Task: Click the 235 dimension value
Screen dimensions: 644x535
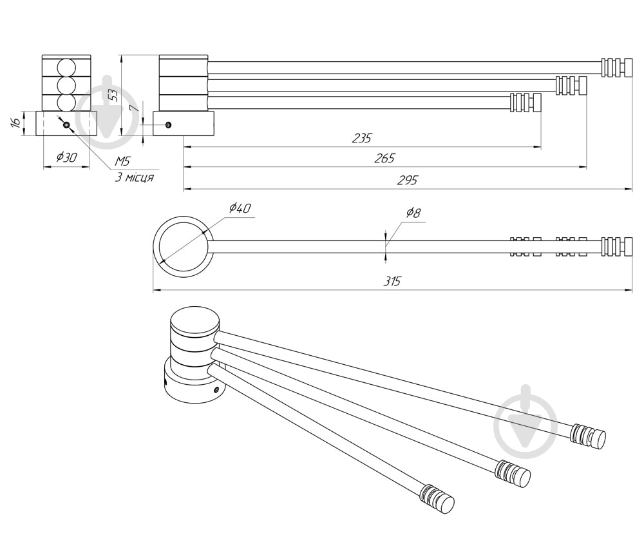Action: tap(361, 138)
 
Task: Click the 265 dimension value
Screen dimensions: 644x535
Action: tap(384, 159)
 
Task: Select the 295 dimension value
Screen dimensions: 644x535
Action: tap(408, 180)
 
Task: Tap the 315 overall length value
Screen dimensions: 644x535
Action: tap(392, 281)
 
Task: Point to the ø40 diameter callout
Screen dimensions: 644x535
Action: tap(240, 208)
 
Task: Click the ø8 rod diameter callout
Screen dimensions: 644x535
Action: tap(413, 213)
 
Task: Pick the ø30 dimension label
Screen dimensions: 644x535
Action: tap(66, 157)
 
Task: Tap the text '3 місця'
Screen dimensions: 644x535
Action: tap(135, 178)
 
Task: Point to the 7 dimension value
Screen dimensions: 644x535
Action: tap(133, 108)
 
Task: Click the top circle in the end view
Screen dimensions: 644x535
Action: tap(66, 68)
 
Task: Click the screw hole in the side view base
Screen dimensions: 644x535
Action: tap(168, 124)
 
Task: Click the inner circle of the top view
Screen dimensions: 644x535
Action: tap(184, 246)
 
